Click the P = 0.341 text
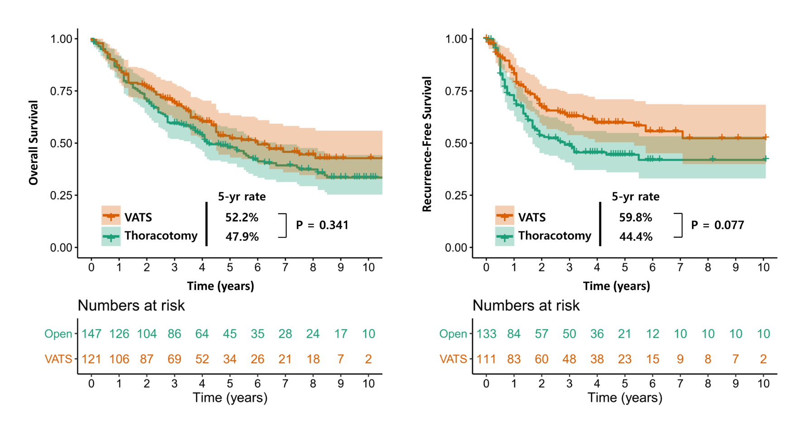pyautogui.click(x=322, y=225)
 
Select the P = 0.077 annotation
pyautogui.click(x=717, y=225)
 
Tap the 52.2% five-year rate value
pyautogui.click(x=242, y=218)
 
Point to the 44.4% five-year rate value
pyautogui.click(x=636, y=237)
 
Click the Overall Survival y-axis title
pyautogui.click(x=33, y=143)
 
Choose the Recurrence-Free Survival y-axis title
pyautogui.click(x=427, y=144)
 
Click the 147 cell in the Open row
pyautogui.click(x=91, y=334)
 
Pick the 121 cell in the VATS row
pyautogui.click(x=91, y=359)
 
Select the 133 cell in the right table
pyautogui.click(x=486, y=334)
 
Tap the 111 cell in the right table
pyautogui.click(x=486, y=359)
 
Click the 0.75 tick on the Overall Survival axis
pyautogui.click(x=61, y=91)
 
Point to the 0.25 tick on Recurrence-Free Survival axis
pyautogui.click(x=456, y=196)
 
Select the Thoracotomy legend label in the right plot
pyautogui.click(x=555, y=236)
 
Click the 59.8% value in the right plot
pyautogui.click(x=636, y=218)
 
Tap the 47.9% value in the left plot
pyautogui.click(x=242, y=237)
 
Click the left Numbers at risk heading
pyautogui.click(x=131, y=306)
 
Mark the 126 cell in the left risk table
pyautogui.click(x=119, y=334)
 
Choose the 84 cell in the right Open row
pyautogui.click(x=514, y=334)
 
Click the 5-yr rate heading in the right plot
pyautogui.click(x=636, y=197)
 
